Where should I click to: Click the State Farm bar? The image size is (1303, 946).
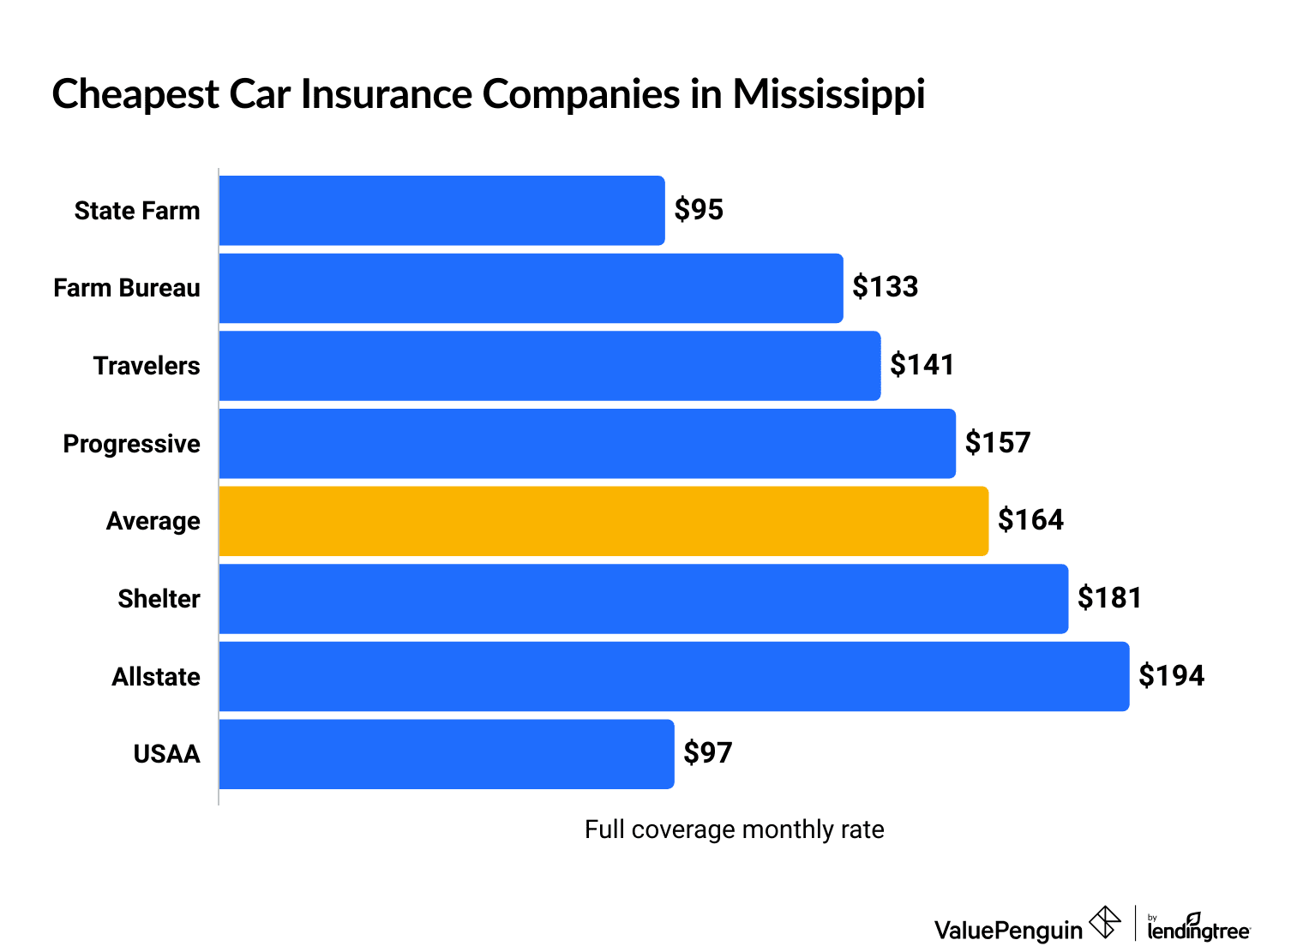[x=441, y=211]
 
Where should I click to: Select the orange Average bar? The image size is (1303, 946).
[x=603, y=521]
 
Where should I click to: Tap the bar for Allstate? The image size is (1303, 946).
[x=674, y=676]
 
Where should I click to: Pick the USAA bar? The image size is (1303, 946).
[x=447, y=754]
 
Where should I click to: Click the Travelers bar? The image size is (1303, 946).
[x=549, y=366]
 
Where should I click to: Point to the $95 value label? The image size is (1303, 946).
[x=699, y=210]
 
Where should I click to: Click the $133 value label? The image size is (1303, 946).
[x=885, y=287]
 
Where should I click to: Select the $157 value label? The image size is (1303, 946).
[x=997, y=443]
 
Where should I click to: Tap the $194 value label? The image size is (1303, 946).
[x=1171, y=676]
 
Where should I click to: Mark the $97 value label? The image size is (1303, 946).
[x=707, y=753]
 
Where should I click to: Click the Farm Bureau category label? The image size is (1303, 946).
[x=127, y=288]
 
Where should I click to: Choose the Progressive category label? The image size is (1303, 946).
[x=132, y=444]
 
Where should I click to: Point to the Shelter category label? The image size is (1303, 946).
[x=159, y=599]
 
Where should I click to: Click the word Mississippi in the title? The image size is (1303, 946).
[x=828, y=93]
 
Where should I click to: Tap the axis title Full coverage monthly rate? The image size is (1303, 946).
[x=734, y=829]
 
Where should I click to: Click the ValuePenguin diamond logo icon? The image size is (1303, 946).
[x=1105, y=923]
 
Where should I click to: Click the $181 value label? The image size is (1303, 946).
[x=1109, y=598]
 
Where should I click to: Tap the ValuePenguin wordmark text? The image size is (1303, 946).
[x=1008, y=930]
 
